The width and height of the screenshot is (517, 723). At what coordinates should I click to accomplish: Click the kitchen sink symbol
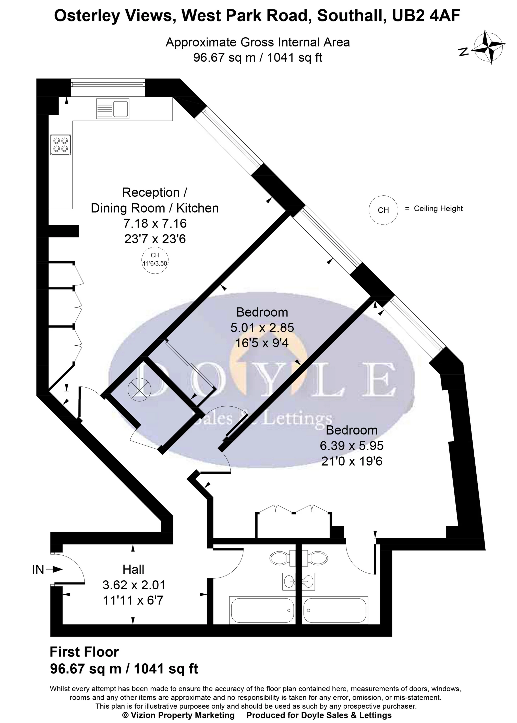point(113,108)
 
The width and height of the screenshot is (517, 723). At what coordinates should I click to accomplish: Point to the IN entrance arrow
point(55,569)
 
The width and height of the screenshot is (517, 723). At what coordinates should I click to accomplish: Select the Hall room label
point(133,569)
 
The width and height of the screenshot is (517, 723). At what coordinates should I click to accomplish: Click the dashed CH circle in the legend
point(383,210)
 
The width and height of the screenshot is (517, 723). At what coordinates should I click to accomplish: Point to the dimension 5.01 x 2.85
point(262,328)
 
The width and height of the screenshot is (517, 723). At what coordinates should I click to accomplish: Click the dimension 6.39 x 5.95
point(352,446)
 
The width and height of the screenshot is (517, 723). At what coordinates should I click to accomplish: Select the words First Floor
point(84,652)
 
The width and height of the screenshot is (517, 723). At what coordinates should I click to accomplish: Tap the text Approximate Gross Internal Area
point(258,42)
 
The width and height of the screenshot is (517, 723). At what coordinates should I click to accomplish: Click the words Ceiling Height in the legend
point(438,209)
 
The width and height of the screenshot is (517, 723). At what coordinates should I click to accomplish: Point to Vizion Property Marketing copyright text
point(178,715)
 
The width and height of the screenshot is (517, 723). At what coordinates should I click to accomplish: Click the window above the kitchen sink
point(108,84)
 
